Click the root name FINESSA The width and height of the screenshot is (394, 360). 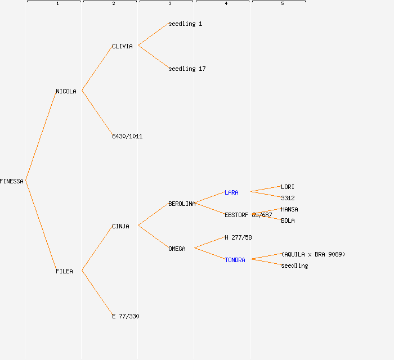click(12, 181)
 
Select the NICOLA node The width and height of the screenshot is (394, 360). click(66, 91)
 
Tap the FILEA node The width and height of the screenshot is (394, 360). click(64, 271)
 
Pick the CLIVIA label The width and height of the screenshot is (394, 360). click(122, 46)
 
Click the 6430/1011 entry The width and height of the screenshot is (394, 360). click(127, 136)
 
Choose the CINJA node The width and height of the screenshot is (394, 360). click(120, 226)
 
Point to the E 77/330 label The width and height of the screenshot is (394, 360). click(126, 316)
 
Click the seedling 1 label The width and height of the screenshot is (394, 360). click(185, 24)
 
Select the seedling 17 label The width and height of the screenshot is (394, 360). click(187, 69)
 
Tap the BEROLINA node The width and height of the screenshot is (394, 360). click(182, 204)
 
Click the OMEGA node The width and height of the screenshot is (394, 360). click(177, 249)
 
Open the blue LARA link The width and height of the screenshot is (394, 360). click(231, 192)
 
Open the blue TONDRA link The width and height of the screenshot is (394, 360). click(235, 260)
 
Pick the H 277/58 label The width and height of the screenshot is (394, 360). click(238, 237)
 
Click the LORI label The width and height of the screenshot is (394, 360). click(288, 187)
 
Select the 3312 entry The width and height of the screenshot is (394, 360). click(288, 198)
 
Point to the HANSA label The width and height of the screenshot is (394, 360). click(289, 209)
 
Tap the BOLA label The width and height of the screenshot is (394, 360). click(288, 220)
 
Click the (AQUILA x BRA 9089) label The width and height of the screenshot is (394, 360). click(313, 254)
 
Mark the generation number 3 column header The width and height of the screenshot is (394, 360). click(169, 4)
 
